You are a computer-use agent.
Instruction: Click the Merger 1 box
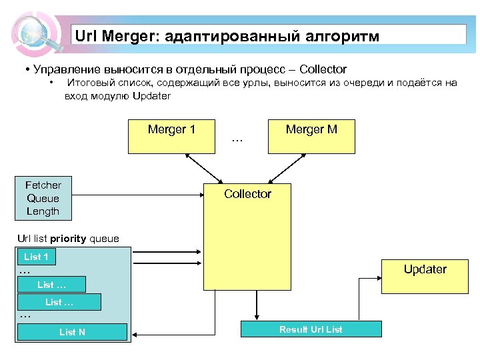[171, 136]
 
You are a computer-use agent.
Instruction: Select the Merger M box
[311, 136]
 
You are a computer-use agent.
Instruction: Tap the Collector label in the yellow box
[247, 194]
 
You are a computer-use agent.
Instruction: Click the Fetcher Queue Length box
[43, 199]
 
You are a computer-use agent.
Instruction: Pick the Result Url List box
[311, 329]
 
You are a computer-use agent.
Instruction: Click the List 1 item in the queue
[36, 257]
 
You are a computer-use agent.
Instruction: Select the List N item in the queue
[72, 332]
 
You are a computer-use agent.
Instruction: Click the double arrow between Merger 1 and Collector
[205, 168]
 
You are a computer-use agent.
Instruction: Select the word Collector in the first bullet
[323, 69]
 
